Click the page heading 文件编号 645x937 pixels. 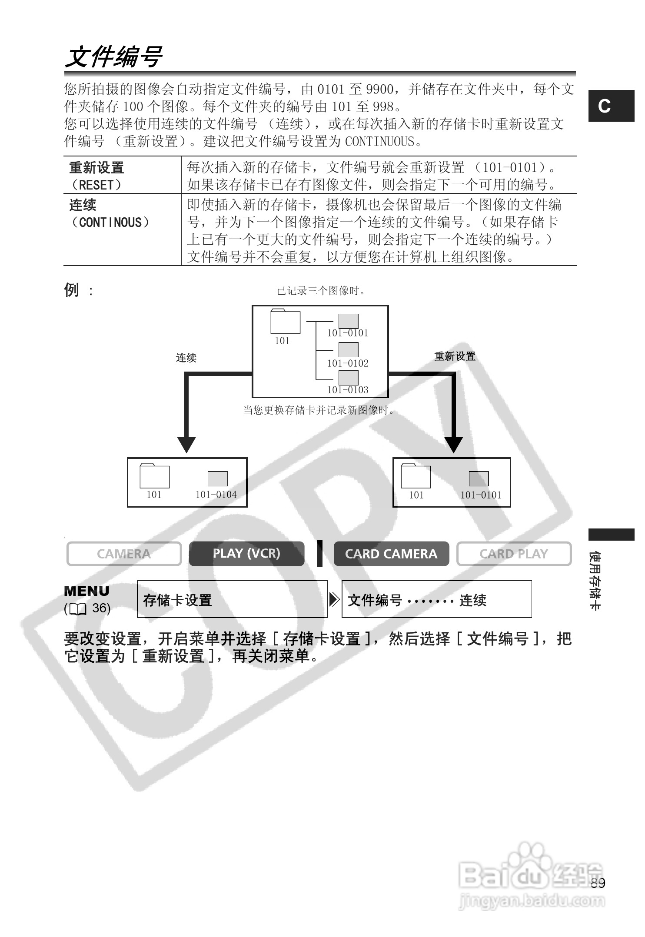[x=114, y=57]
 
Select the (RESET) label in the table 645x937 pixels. [x=96, y=185]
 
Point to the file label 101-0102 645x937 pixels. [x=348, y=363]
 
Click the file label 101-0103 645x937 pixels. [x=348, y=390]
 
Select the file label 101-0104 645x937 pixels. [x=216, y=495]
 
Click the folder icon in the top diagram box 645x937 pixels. [x=285, y=322]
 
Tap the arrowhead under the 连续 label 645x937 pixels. [x=186, y=444]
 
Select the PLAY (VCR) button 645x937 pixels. [x=246, y=554]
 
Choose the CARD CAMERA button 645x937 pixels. [x=391, y=554]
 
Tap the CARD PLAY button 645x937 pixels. [x=514, y=554]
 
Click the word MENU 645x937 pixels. [x=87, y=591]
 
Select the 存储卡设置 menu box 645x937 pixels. [x=232, y=599]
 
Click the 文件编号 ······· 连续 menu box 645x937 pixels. [x=436, y=599]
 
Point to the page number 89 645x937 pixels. [x=598, y=883]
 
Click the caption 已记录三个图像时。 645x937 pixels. [x=322, y=291]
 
